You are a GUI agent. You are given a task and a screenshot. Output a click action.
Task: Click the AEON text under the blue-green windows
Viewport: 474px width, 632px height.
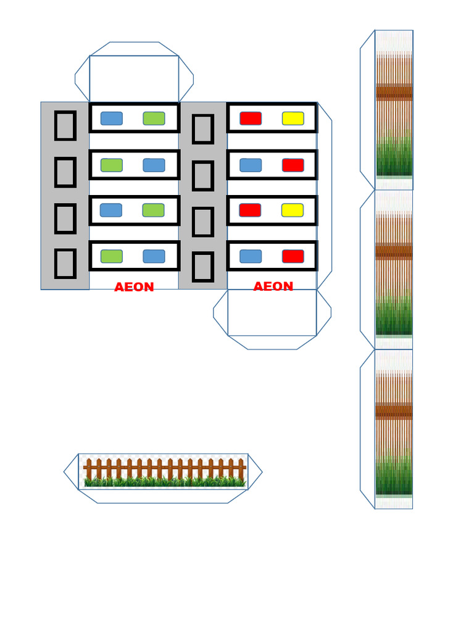[x=134, y=286]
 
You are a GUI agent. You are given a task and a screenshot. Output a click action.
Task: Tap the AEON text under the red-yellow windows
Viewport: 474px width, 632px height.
[x=273, y=286]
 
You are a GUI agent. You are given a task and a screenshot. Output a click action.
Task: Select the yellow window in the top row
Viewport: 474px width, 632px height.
[x=293, y=118]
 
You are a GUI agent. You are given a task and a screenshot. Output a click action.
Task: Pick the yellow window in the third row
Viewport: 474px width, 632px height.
[x=293, y=210]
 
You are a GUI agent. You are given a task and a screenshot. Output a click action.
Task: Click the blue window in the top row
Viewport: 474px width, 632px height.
[x=112, y=118]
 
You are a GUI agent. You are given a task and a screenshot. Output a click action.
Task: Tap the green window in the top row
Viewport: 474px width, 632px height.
[x=154, y=118]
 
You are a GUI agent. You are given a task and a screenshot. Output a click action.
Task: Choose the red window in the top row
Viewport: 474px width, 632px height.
[x=251, y=118]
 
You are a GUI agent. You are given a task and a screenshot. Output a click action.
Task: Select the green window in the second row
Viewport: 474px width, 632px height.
[x=112, y=165]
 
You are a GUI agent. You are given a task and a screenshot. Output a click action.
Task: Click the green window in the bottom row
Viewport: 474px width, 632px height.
[x=112, y=256]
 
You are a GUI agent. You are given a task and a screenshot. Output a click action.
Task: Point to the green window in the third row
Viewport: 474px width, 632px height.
[x=154, y=210]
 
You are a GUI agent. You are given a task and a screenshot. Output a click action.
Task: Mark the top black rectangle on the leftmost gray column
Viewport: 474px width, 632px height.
[x=65, y=126]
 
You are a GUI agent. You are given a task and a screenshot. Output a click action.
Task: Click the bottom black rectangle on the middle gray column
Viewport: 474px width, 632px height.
[x=202, y=267]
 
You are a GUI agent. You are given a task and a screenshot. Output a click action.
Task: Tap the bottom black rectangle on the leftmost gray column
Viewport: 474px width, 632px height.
[x=65, y=264]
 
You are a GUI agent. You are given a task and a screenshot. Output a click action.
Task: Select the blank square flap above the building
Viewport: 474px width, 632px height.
[x=134, y=79]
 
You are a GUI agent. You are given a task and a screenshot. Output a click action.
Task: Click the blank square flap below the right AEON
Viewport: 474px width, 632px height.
[x=272, y=312]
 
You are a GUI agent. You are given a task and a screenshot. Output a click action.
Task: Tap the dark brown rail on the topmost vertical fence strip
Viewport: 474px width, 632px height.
[x=394, y=92]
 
